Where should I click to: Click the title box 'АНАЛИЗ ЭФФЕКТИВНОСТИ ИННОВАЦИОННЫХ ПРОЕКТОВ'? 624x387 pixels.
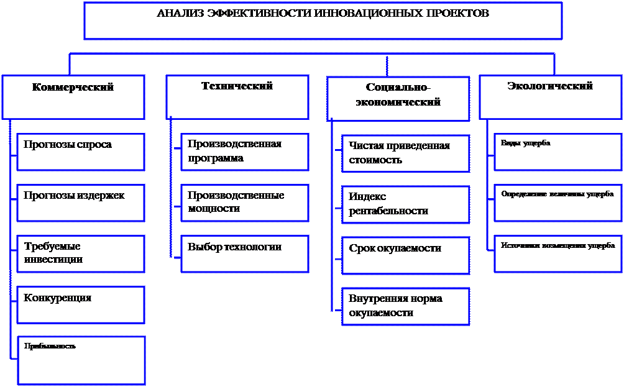[323, 20]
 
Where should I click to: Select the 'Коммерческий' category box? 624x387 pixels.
[73, 97]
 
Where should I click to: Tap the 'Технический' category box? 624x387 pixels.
[237, 97]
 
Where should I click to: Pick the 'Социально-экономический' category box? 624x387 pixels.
[398, 98]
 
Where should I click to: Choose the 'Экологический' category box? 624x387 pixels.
[550, 97]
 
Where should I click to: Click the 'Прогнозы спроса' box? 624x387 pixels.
[81, 152]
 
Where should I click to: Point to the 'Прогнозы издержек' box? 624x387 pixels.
[81, 203]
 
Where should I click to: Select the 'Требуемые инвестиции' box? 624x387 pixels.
[81, 253]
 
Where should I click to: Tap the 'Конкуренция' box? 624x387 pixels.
[81, 304]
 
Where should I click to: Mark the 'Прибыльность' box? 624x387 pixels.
[81, 360]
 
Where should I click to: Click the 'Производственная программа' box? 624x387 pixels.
[245, 152]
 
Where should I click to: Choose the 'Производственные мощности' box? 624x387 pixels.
[245, 203]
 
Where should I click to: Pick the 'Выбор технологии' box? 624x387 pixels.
[245, 253]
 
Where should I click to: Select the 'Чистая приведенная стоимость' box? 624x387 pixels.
[405, 153]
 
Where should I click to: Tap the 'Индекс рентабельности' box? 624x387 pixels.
[405, 204]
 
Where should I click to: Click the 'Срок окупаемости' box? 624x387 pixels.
[405, 255]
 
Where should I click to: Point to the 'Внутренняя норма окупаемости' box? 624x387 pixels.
[405, 306]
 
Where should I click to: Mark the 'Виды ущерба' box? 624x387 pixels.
[557, 152]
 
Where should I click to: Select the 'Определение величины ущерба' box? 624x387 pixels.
[557, 203]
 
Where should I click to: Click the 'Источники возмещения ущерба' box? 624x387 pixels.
[557, 253]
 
